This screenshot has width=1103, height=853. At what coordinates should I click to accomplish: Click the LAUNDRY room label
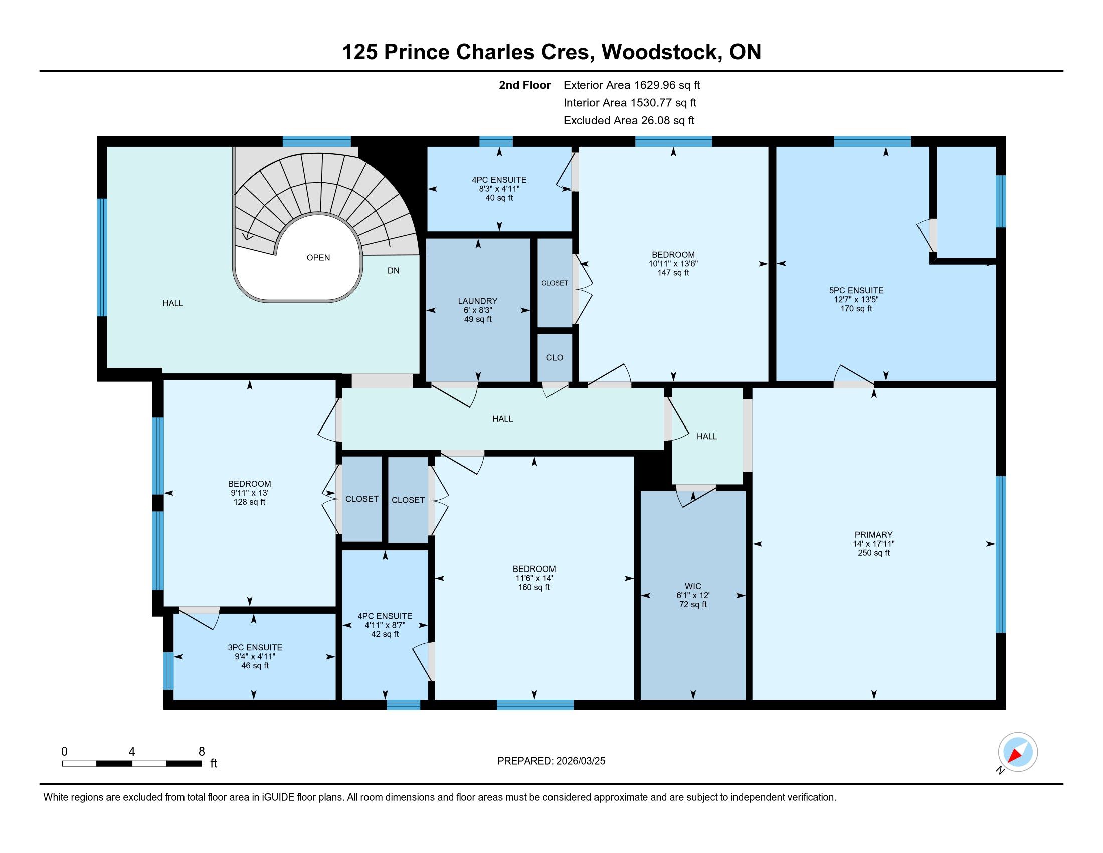(x=477, y=301)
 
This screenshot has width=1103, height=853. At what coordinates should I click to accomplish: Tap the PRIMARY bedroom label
(x=874, y=535)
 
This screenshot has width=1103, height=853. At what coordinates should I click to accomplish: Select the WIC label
(x=693, y=586)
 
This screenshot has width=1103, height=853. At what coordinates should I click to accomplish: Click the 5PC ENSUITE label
(x=856, y=290)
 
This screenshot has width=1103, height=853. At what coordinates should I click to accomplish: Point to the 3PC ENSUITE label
(x=255, y=647)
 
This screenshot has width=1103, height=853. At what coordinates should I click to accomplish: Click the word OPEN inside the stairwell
(x=318, y=258)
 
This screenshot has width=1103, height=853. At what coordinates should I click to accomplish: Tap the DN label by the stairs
(x=394, y=271)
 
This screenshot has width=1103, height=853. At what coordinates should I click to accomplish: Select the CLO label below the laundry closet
(x=555, y=357)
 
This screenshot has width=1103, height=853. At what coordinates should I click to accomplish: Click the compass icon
(x=1018, y=752)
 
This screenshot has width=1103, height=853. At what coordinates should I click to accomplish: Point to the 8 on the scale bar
(x=202, y=752)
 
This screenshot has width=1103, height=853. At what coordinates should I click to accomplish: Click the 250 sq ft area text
(x=874, y=553)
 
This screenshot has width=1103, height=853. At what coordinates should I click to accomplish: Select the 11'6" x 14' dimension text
(x=534, y=578)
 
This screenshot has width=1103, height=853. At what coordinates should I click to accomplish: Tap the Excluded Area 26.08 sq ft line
(x=629, y=120)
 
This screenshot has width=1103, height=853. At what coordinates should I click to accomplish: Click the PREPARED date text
(x=551, y=761)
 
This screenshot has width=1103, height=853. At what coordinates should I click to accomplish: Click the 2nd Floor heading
(x=525, y=85)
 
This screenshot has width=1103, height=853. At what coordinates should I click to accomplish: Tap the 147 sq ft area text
(x=673, y=273)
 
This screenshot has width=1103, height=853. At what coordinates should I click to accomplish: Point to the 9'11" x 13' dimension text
(x=250, y=493)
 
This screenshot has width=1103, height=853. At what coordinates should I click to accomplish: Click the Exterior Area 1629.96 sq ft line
(x=632, y=85)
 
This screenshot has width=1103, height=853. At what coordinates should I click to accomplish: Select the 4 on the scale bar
(x=132, y=752)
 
